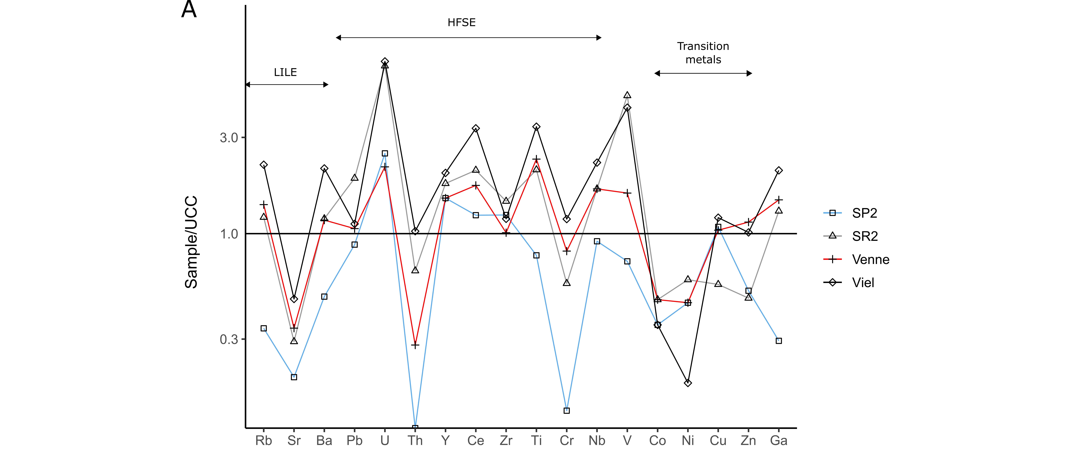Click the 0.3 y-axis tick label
pos(229,339)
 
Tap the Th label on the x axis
pos(415,440)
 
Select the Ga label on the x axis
pos(779,440)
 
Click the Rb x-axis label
pos(264,440)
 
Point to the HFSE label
pos(462,22)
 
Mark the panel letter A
pos(189,9)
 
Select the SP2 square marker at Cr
pos(567,410)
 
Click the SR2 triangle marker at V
pos(627,95)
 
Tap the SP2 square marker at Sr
pos(294,377)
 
